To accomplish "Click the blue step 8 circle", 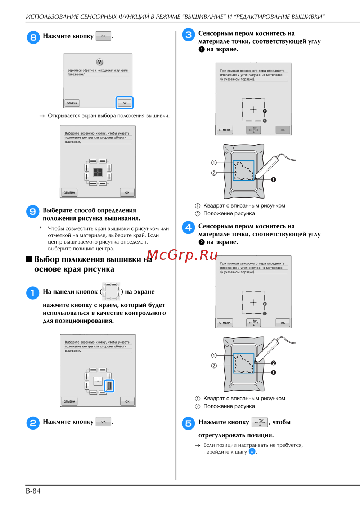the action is point(33,37).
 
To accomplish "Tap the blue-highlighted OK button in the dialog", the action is point(125,103).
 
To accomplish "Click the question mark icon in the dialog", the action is point(100,62).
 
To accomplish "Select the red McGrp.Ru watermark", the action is point(182,255).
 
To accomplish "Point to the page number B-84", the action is point(33,491).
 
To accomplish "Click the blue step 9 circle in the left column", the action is point(33,212).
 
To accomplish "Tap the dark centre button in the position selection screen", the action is point(98,172).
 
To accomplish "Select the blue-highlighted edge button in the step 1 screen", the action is point(109,386).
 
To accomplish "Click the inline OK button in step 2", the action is point(103,422).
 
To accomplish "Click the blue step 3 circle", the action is point(188,35).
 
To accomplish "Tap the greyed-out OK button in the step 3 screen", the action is point(283,130).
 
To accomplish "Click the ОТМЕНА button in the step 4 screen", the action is point(225,323).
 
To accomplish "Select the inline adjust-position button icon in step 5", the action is point(260,422).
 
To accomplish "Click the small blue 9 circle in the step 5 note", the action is point(252,451).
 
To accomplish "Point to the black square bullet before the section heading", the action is point(29,259).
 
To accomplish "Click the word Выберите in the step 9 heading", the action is point(58,210).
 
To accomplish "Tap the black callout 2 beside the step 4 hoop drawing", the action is point(273,363).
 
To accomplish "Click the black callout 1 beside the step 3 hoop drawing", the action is point(273,180).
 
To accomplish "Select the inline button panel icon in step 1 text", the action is point(111,291).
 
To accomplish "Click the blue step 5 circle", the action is point(188,423).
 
